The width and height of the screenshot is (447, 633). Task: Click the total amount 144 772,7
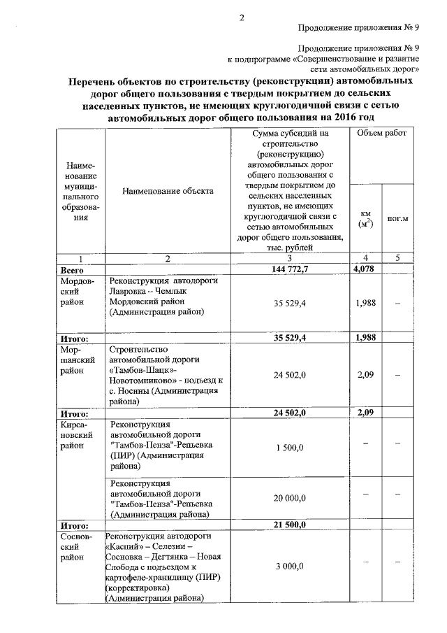[x=290, y=269]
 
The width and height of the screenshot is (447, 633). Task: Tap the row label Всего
[x=73, y=269]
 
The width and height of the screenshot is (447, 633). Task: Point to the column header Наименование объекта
[x=167, y=190]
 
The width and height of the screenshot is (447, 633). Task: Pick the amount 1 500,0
[x=290, y=447]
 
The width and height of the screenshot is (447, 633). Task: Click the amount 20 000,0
[x=290, y=499]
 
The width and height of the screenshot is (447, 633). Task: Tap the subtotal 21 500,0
[x=290, y=524]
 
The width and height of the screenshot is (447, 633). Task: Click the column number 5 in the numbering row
[x=397, y=258]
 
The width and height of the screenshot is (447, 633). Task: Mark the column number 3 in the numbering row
[x=290, y=258]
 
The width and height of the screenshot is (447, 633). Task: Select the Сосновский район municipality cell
[x=76, y=546]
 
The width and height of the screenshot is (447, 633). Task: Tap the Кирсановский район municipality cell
[x=76, y=435]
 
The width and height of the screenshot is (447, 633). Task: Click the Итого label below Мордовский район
[x=74, y=338]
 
